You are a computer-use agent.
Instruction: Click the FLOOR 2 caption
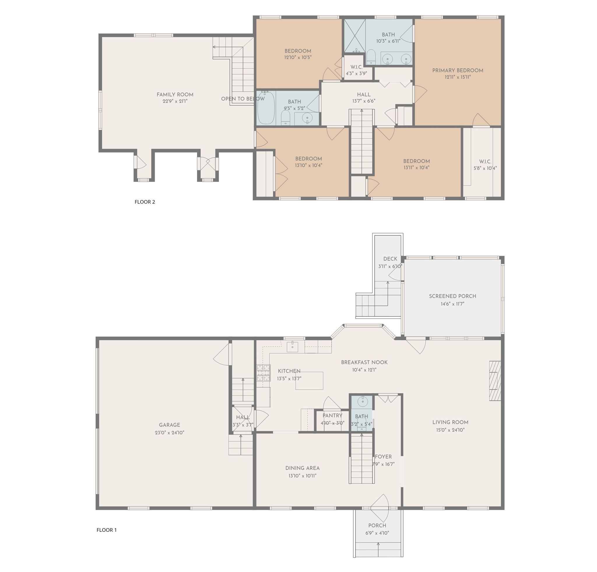click(x=145, y=202)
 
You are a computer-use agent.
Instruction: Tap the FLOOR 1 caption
click(x=107, y=530)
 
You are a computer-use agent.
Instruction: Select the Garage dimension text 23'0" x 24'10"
click(x=170, y=433)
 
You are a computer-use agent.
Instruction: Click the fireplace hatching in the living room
click(x=495, y=381)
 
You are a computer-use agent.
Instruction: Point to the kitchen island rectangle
click(x=309, y=381)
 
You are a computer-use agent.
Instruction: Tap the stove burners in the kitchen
click(x=264, y=373)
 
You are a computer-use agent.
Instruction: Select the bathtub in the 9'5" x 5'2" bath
click(x=266, y=108)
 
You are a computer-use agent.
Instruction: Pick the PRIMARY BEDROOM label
click(x=458, y=71)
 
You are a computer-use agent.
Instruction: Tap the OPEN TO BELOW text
click(x=243, y=99)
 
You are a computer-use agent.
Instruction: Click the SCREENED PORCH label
click(x=453, y=296)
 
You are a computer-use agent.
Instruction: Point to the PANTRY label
click(x=333, y=416)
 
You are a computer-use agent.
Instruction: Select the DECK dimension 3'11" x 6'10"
click(x=390, y=266)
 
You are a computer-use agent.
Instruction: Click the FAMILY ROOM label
click(x=175, y=95)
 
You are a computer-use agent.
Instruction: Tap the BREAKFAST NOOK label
click(x=364, y=362)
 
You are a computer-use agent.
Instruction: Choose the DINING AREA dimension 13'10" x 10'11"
click(x=303, y=476)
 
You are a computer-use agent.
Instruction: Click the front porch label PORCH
click(x=377, y=526)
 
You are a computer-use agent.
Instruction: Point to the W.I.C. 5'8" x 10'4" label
click(x=485, y=165)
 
